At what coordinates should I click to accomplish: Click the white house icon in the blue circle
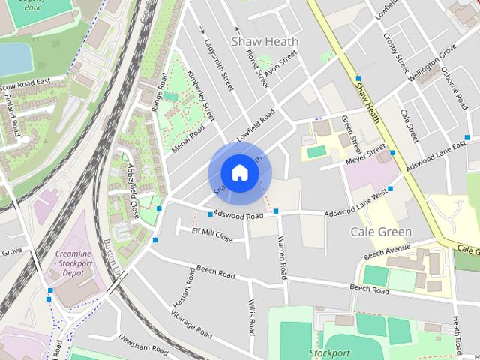pyautogui.click(x=239, y=172)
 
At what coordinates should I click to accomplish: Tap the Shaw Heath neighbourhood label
pyautogui.click(x=265, y=41)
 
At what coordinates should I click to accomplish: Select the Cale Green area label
pyautogui.click(x=382, y=232)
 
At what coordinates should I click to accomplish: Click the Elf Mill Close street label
pyautogui.click(x=213, y=235)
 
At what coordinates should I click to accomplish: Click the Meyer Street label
pyautogui.click(x=364, y=156)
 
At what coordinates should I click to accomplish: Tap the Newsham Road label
pyautogui.click(x=143, y=343)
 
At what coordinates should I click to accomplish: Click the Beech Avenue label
pyautogui.click(x=388, y=252)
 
